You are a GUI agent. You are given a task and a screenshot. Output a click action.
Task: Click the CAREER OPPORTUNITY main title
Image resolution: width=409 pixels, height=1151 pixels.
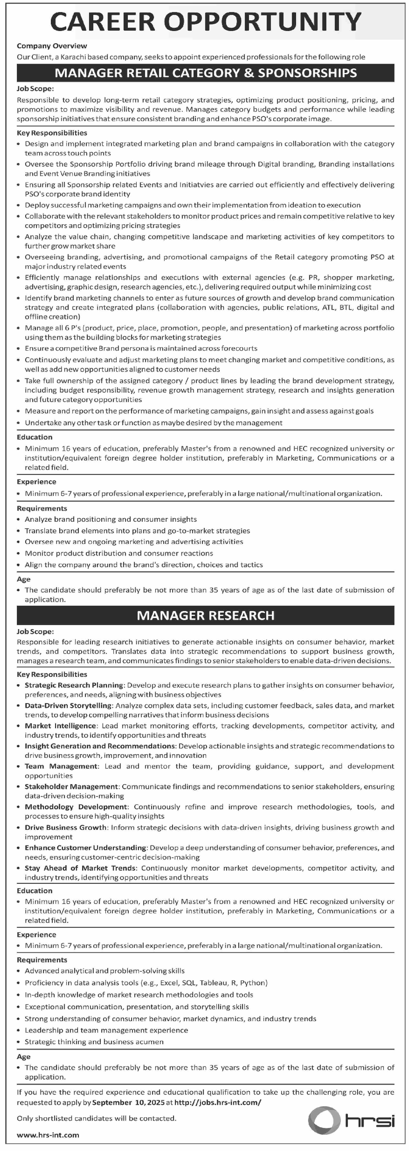click(206, 21)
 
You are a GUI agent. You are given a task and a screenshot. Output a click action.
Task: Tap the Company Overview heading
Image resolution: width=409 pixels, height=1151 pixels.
click(52, 46)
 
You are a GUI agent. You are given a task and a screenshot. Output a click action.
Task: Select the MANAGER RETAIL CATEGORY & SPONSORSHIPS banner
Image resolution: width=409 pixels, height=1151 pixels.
click(206, 73)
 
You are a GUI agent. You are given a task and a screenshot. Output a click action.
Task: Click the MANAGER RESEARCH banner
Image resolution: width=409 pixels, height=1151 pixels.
click(206, 615)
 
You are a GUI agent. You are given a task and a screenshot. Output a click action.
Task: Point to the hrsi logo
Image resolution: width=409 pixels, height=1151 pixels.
click(351, 1120)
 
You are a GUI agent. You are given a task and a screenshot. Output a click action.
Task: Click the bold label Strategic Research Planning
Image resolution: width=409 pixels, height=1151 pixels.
click(74, 685)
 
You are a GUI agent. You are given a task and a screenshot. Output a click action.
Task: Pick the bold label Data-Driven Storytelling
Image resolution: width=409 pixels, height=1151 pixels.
click(68, 705)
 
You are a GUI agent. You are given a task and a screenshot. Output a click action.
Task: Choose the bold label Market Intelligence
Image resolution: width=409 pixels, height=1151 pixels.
click(60, 726)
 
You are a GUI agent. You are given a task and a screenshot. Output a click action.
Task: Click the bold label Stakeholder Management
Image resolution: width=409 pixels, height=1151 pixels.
click(71, 786)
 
